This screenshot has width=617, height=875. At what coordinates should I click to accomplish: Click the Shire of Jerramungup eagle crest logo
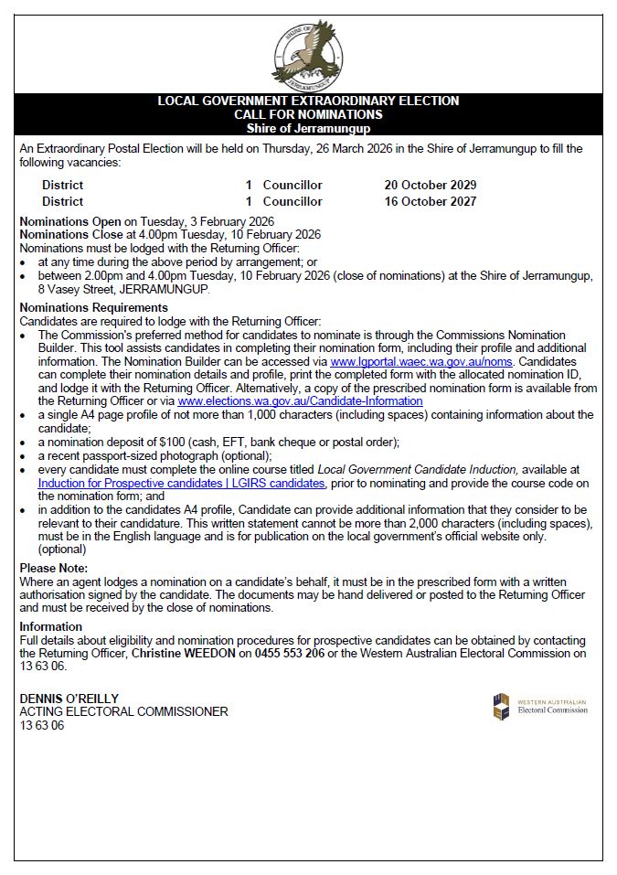coord(308,52)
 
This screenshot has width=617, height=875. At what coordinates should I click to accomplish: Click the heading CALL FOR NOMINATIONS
coord(308,114)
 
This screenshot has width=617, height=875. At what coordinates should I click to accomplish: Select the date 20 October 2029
coord(431,185)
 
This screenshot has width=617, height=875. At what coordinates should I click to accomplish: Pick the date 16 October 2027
coord(431,201)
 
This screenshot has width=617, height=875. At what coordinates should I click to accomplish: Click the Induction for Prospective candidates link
coord(181,483)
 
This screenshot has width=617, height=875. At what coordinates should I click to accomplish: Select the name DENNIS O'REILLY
coord(69,699)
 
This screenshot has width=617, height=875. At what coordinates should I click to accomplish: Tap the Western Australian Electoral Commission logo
coord(540,707)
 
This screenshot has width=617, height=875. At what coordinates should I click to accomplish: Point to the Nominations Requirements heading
coord(93,308)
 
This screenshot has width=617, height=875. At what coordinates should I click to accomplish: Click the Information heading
coord(51,626)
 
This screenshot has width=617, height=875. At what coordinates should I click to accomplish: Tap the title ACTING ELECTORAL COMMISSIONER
coord(123,711)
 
